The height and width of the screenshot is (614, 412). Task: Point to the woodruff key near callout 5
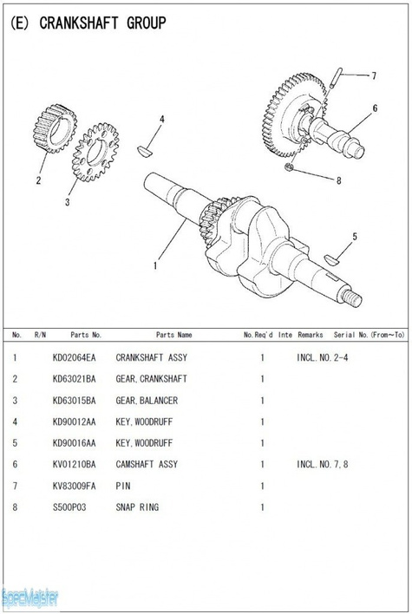coord(331,258)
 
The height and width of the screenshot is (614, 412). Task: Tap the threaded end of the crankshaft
coord(353,297)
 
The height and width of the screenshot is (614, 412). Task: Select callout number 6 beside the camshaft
coord(375,108)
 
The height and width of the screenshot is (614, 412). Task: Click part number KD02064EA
coord(74,357)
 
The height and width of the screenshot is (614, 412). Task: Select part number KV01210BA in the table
coord(74,464)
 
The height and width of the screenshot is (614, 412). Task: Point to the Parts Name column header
coord(173,334)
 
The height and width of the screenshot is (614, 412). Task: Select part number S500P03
coord(69,506)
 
